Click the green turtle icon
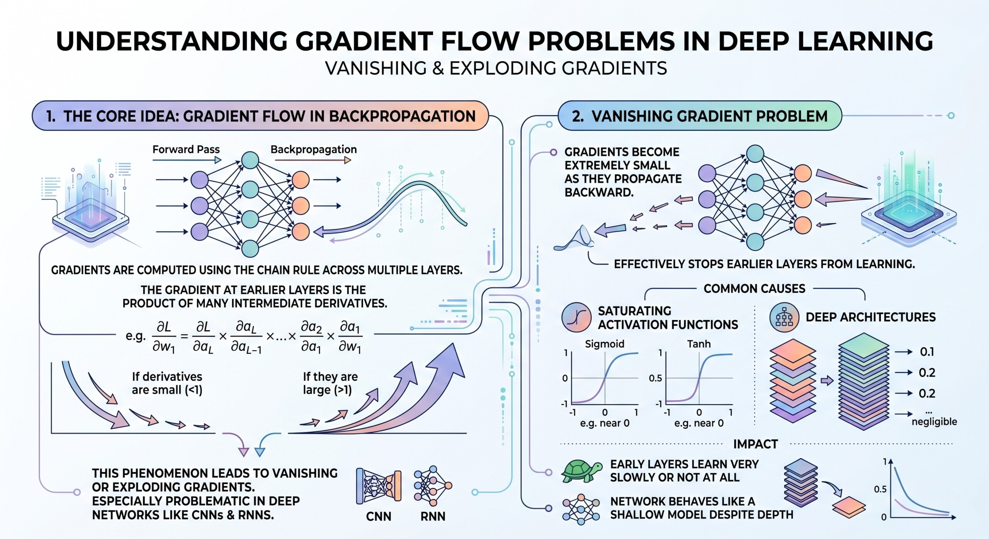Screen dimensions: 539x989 [x=581, y=471]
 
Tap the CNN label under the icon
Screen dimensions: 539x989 [x=379, y=516]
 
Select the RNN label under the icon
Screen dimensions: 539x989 [x=433, y=516]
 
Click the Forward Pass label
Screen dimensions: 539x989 [x=186, y=149]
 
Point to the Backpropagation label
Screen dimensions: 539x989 [x=313, y=149]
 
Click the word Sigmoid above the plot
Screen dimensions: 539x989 [x=604, y=344]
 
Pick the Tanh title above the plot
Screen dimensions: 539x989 [x=698, y=344]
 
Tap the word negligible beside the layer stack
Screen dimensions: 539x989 [x=934, y=421]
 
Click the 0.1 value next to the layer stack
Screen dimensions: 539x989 [x=927, y=352]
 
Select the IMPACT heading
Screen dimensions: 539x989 [x=755, y=444]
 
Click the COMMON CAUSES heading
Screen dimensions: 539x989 [x=754, y=288]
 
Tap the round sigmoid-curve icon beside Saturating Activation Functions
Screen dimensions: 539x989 [x=576, y=317]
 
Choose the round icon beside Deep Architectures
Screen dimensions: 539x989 [x=784, y=318]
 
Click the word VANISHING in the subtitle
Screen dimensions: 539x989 [x=376, y=68]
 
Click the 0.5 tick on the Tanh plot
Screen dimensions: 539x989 [x=655, y=378]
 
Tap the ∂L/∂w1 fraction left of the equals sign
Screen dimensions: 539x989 [x=163, y=337]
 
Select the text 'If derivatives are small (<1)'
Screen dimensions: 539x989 [x=167, y=383]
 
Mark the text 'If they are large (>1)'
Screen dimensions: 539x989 [x=330, y=383]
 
